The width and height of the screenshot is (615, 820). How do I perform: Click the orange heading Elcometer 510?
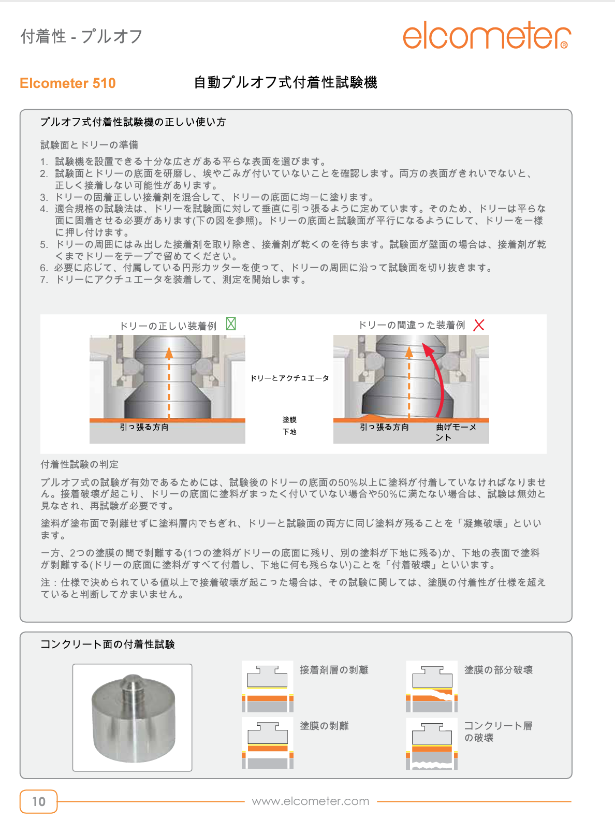(x=68, y=83)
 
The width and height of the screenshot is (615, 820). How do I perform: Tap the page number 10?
(x=39, y=801)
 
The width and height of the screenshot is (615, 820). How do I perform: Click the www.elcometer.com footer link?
(x=311, y=801)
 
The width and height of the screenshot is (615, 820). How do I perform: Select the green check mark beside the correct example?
(x=231, y=324)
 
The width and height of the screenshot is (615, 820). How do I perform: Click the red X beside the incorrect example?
(x=479, y=325)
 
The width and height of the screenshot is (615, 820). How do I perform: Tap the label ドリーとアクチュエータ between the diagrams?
(x=289, y=378)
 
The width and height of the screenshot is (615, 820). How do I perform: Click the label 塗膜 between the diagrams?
(x=289, y=419)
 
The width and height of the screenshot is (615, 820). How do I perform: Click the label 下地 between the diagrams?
(x=289, y=432)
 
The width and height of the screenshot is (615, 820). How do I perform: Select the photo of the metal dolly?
(x=133, y=717)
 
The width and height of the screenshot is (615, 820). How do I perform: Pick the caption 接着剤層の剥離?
(x=334, y=670)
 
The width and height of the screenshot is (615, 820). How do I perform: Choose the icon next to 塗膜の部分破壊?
(x=432, y=686)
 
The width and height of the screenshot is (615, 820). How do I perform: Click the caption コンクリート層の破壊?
(x=497, y=731)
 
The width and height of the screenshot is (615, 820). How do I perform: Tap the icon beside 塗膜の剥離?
(x=268, y=743)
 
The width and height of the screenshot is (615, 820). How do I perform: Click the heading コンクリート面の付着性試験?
(x=108, y=645)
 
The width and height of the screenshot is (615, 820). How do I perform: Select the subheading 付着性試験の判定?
(x=80, y=464)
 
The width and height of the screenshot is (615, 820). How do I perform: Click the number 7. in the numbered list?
(x=44, y=280)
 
